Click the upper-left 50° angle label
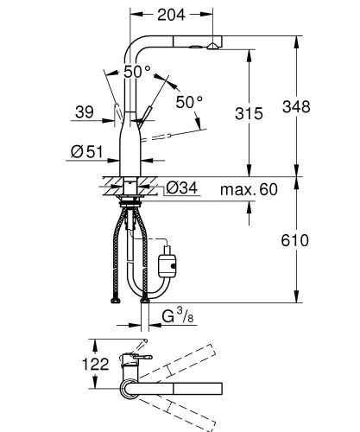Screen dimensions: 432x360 pyautogui.click(x=136, y=73)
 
